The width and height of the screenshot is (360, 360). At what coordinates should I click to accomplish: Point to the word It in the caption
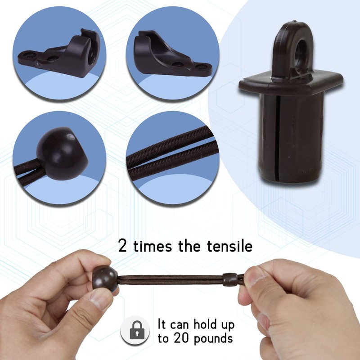click(x=162, y=325)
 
